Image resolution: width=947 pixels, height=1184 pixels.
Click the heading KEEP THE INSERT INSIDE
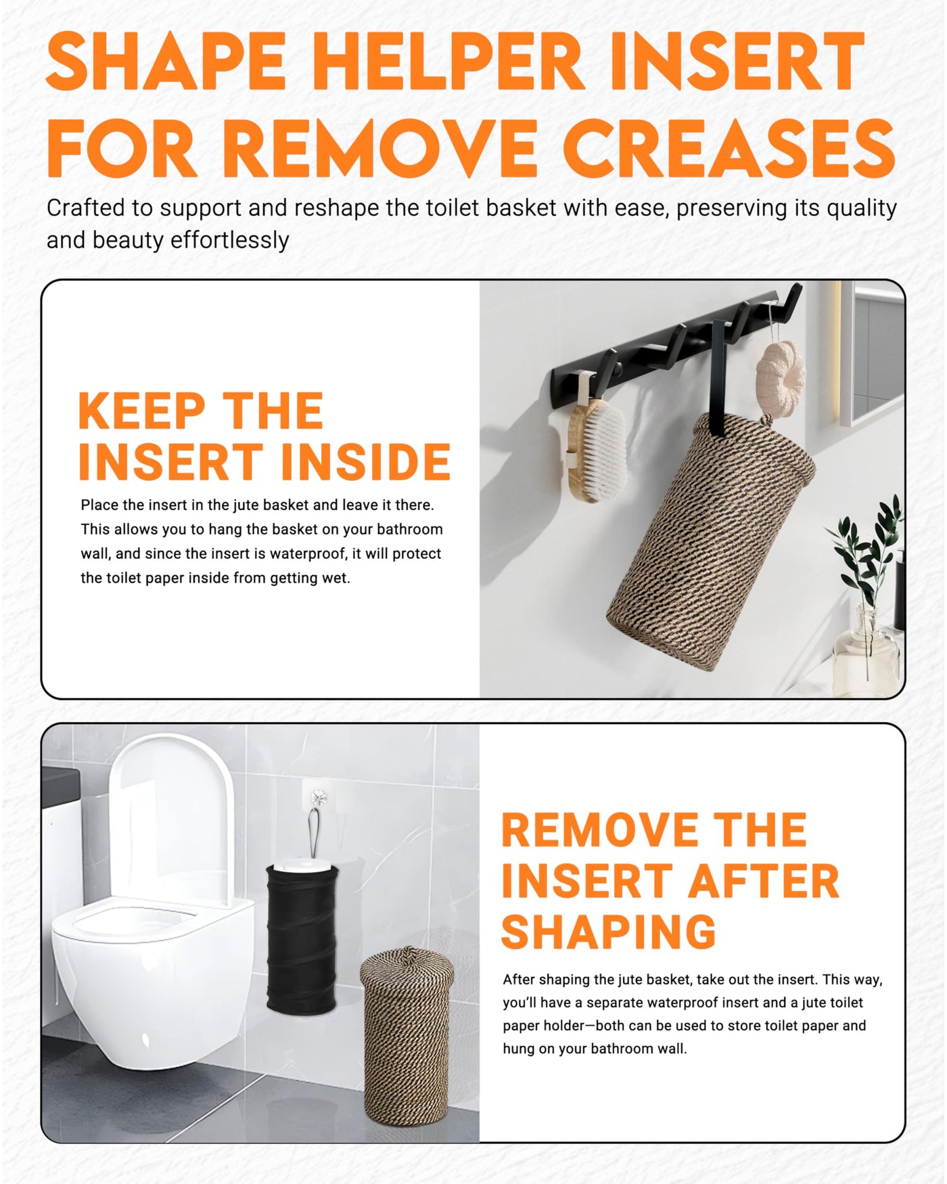click(x=264, y=436)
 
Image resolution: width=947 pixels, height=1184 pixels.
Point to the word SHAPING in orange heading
click(x=608, y=932)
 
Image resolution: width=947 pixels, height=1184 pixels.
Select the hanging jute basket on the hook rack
click(x=710, y=541)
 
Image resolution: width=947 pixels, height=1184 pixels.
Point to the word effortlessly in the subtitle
click(x=230, y=240)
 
